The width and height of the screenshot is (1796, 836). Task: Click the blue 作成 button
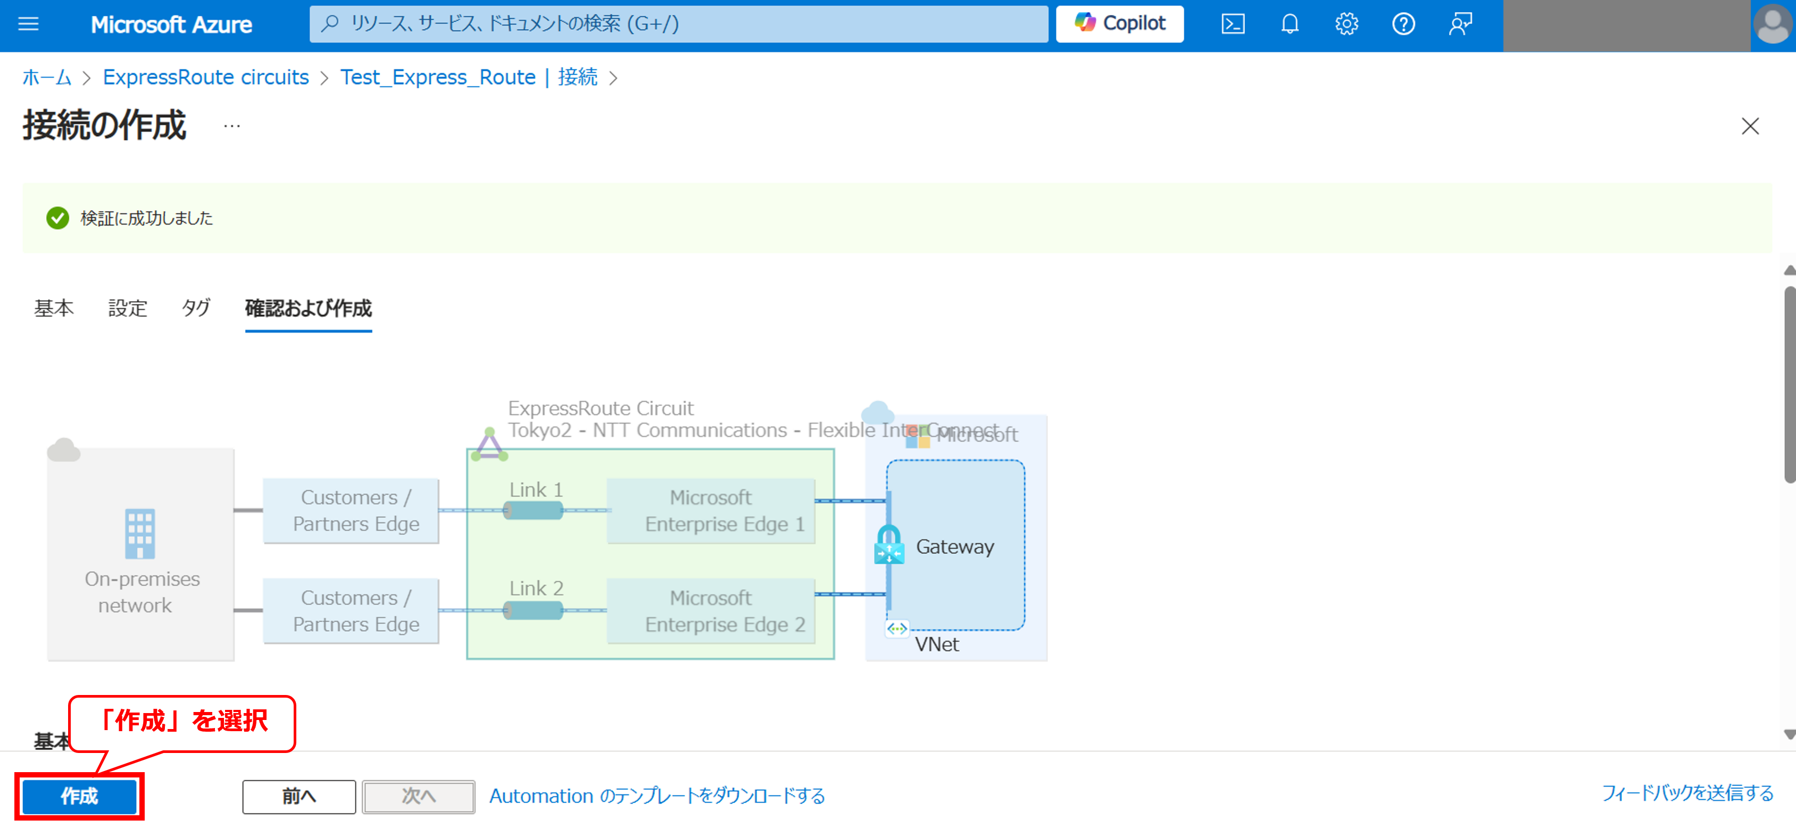(x=79, y=796)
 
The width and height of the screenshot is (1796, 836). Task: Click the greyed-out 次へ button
(x=418, y=796)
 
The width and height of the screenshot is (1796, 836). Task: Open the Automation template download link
(x=657, y=796)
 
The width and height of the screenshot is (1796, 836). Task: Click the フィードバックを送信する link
(x=1687, y=793)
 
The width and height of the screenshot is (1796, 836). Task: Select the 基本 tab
(x=54, y=308)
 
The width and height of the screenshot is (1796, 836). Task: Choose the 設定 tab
(x=128, y=308)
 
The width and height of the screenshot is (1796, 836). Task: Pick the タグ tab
(x=196, y=308)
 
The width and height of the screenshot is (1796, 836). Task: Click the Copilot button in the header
(x=1120, y=24)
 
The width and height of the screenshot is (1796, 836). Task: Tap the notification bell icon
(x=1290, y=24)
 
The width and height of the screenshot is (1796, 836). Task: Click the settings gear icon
(x=1346, y=24)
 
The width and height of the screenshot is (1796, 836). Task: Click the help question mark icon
(x=1403, y=24)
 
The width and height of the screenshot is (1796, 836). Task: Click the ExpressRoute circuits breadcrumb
(x=206, y=77)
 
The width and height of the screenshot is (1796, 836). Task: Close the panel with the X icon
(x=1750, y=126)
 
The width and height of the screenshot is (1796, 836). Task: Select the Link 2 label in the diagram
(x=536, y=589)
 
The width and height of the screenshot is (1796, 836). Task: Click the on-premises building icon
(x=139, y=533)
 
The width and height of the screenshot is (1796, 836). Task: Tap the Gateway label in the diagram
(x=954, y=547)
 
